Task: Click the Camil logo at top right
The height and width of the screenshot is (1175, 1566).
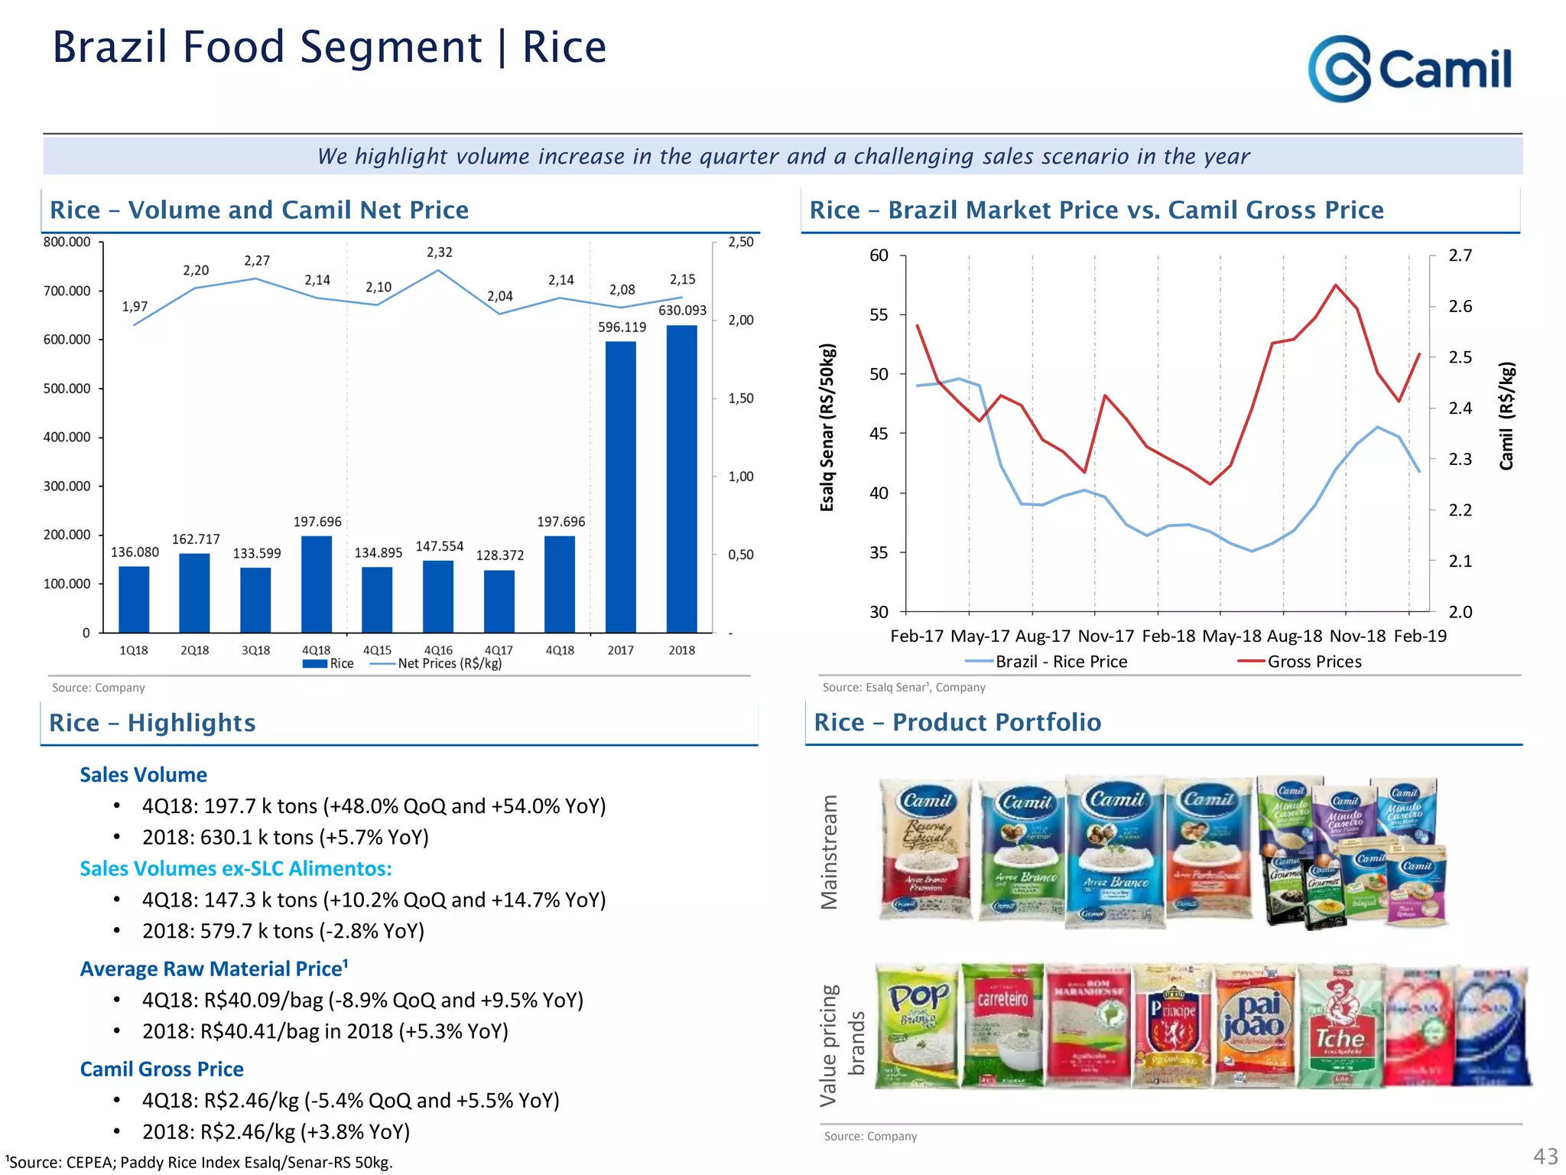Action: pyautogui.click(x=1410, y=69)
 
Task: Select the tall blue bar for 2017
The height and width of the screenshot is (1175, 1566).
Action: pyautogui.click(x=620, y=487)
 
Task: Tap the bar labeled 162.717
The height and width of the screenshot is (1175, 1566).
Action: pyautogui.click(x=194, y=592)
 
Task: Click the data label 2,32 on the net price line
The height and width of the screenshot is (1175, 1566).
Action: pyautogui.click(x=439, y=252)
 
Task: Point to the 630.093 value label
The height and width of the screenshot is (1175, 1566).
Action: pyautogui.click(x=682, y=311)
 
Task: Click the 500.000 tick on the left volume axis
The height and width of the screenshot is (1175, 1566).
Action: pyautogui.click(x=67, y=389)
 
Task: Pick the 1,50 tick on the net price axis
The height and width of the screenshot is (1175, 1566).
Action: pyautogui.click(x=740, y=399)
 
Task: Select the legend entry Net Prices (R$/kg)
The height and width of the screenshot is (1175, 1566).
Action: pyautogui.click(x=449, y=664)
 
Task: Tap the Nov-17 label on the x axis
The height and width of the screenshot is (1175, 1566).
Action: pyautogui.click(x=1106, y=636)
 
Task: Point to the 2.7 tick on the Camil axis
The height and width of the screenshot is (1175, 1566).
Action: pyautogui.click(x=1460, y=256)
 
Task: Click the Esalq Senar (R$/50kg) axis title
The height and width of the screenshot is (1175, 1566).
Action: pyautogui.click(x=827, y=427)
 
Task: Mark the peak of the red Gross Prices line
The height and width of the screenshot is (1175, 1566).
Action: pyautogui.click(x=1336, y=285)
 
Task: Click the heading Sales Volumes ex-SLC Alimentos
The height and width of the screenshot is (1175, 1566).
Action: pyautogui.click(x=236, y=869)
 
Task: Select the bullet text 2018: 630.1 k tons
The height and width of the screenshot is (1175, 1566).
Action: pyautogui.click(x=285, y=838)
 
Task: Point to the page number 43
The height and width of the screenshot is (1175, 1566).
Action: pyautogui.click(x=1545, y=1156)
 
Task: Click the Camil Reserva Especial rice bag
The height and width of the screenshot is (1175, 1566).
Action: pyautogui.click(x=927, y=849)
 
